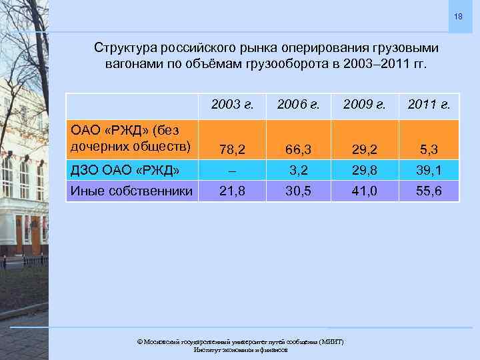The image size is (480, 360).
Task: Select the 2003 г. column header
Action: pos(233,104)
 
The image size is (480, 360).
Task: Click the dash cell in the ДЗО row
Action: pos(233,171)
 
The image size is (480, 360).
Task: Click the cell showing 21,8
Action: pos(233,191)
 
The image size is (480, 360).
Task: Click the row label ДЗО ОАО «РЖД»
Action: pos(125,171)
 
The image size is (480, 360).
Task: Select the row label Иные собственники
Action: pos(131,191)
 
